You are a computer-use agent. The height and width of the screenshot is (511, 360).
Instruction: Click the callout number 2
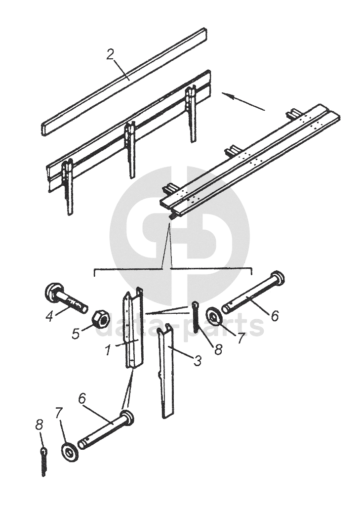(x=111, y=55)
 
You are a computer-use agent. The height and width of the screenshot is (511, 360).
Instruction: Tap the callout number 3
(x=197, y=361)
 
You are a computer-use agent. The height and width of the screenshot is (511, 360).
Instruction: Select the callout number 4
(x=49, y=317)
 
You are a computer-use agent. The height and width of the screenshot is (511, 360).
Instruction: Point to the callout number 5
(x=76, y=334)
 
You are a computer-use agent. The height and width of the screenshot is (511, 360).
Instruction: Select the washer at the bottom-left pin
(x=70, y=452)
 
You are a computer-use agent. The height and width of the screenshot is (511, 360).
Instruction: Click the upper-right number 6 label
(x=275, y=316)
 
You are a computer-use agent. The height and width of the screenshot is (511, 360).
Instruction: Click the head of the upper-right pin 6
(x=278, y=278)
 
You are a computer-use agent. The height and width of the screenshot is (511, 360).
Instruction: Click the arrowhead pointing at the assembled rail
(x=227, y=95)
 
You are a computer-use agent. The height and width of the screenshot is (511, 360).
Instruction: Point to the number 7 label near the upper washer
(x=240, y=338)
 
